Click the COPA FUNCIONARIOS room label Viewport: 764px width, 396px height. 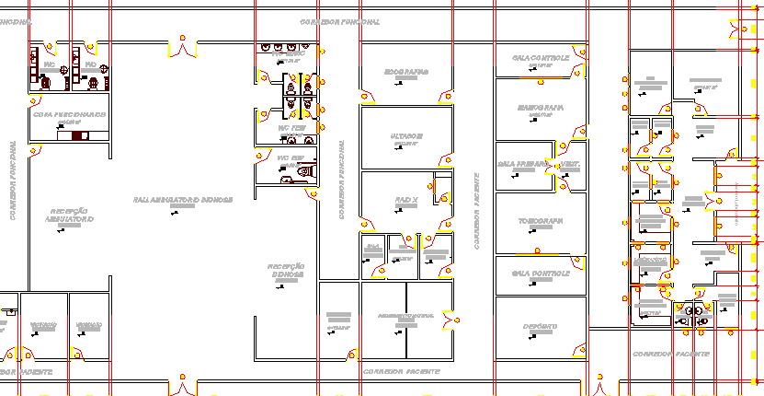pos(69,115)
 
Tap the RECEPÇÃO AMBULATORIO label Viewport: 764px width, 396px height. pos(70,215)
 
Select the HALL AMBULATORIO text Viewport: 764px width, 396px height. pos(182,199)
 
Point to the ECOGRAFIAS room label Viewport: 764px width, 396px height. pos(405,72)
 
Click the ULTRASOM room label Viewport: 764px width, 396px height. pos(405,136)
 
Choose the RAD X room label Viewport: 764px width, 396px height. pos(406,200)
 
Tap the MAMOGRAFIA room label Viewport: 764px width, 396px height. pos(540,108)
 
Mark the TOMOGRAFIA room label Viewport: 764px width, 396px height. pos(540,221)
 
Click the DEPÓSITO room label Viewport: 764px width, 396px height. pos(540,326)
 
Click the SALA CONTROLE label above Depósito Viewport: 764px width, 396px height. pos(540,274)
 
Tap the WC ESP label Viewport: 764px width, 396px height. pos(291,158)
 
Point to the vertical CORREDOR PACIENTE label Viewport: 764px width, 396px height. pos(477,212)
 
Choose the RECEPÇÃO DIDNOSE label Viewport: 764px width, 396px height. pos(286,271)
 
